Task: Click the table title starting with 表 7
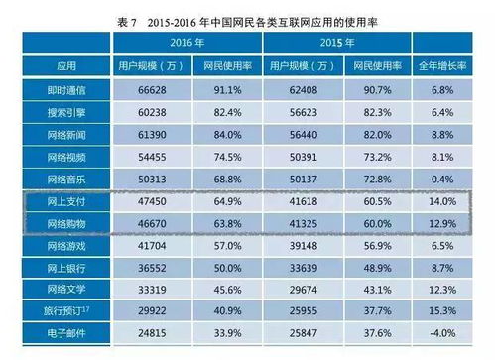coord(248,13)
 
